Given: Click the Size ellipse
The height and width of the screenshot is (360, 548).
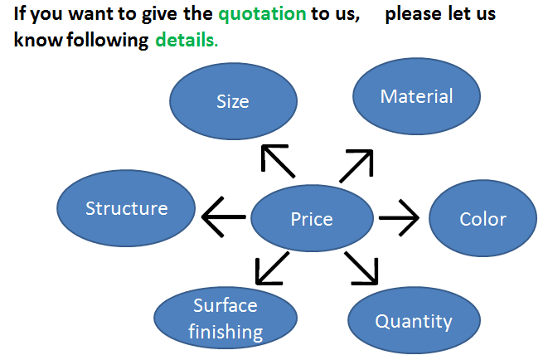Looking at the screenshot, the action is (x=234, y=101).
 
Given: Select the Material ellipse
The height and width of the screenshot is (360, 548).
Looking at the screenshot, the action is (x=416, y=96).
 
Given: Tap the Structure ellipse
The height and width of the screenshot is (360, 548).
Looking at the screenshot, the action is (x=126, y=208).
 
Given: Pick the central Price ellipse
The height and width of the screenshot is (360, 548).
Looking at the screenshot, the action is (x=312, y=218).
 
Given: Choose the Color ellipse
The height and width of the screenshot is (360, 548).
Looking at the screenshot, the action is (x=483, y=218).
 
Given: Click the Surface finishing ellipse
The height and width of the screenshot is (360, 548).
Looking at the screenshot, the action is (x=226, y=318).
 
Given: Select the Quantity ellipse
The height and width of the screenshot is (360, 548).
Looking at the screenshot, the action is (x=414, y=320).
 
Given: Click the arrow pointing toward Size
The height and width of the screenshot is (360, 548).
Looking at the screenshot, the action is (x=278, y=161).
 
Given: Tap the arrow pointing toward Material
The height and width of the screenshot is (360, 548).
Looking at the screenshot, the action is (x=356, y=166).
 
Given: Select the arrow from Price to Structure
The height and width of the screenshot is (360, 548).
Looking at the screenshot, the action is (x=224, y=217).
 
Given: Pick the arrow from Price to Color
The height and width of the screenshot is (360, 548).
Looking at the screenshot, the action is (x=399, y=218).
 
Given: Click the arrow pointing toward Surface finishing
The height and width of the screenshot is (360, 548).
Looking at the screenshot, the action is (x=272, y=269).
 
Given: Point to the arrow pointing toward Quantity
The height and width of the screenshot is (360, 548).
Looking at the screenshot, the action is (x=361, y=268).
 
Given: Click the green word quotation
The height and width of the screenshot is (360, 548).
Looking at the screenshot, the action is (x=263, y=15).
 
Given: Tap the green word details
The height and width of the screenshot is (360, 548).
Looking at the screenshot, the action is (x=187, y=40).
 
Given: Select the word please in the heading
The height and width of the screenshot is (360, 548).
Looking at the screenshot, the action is (x=414, y=15).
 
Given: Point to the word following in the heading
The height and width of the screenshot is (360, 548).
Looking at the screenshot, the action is (x=108, y=41).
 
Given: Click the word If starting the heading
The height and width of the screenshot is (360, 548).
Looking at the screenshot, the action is (x=19, y=13).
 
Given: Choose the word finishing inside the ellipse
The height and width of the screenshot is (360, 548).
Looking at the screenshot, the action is (x=226, y=332).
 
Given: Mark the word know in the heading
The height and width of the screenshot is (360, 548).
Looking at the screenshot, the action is (x=38, y=40).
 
